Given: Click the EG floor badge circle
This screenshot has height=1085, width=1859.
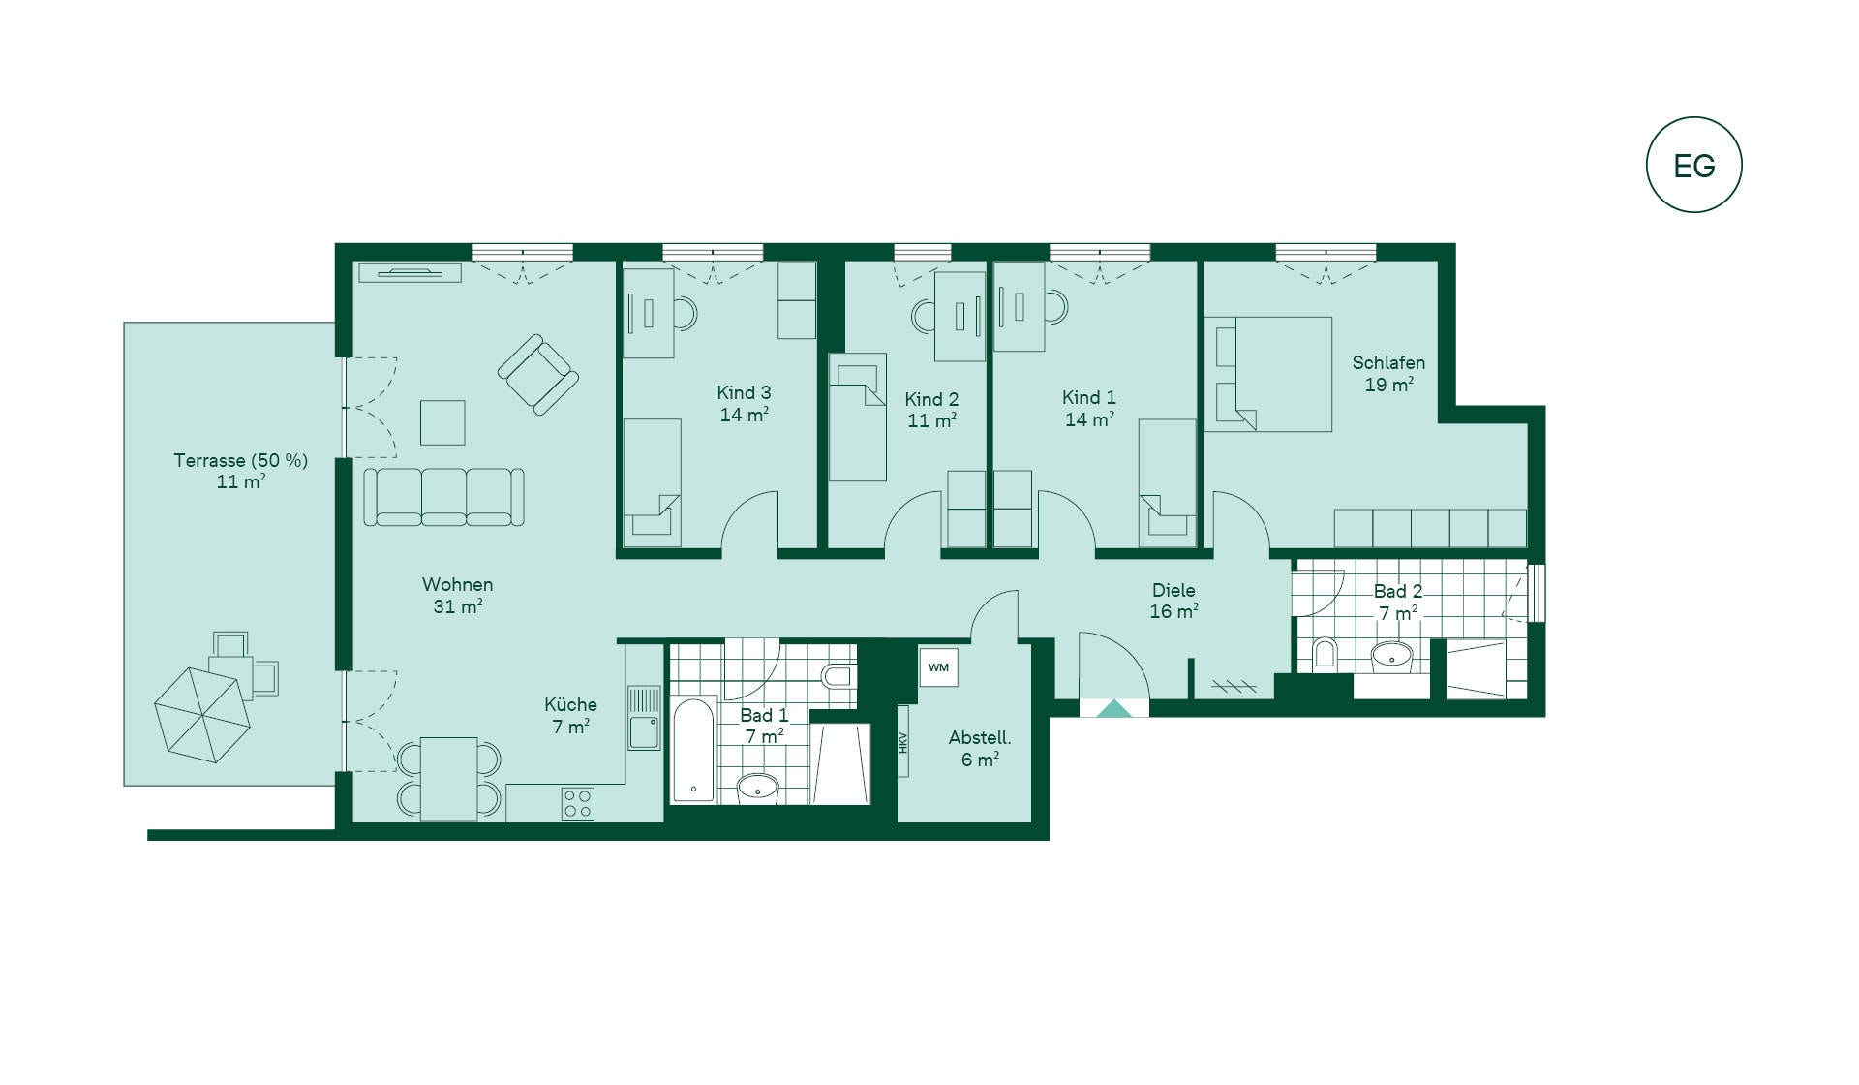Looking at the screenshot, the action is tap(1693, 118).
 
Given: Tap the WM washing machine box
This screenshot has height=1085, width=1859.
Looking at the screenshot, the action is tap(938, 667).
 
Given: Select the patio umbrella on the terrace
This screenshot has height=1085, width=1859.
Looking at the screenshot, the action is tap(202, 715).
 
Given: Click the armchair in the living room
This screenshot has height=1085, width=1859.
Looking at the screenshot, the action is tap(538, 375).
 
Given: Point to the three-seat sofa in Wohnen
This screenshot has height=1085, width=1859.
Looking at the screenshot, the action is tap(444, 497).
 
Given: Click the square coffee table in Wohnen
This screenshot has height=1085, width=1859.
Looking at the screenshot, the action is tap(442, 422).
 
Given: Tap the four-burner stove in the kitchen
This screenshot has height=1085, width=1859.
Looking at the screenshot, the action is tap(578, 804).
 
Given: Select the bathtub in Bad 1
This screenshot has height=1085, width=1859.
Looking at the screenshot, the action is tap(693, 750).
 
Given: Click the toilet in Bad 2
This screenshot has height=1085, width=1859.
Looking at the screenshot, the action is tap(1325, 654).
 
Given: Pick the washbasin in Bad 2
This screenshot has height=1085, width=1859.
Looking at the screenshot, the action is tap(1392, 657).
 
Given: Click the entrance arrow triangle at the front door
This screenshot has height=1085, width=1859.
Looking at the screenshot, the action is tap(1113, 708).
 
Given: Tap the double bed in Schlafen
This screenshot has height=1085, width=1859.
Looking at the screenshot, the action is tap(1268, 374).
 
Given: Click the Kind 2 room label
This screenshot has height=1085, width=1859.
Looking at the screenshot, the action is tap(931, 399).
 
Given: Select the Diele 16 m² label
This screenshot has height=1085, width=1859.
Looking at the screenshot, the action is tap(1173, 601).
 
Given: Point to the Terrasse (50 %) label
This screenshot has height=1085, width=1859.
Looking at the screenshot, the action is tap(241, 460).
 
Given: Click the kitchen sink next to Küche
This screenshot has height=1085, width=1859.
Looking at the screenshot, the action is tap(644, 718).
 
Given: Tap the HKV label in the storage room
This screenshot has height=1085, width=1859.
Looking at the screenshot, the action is tap(903, 742).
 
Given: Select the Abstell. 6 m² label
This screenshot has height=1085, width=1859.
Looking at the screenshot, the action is tap(980, 749).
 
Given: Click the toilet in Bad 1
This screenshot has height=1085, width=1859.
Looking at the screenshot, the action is tap(838, 675).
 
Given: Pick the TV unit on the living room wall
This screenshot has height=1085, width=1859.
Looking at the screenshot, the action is tap(410, 273).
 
